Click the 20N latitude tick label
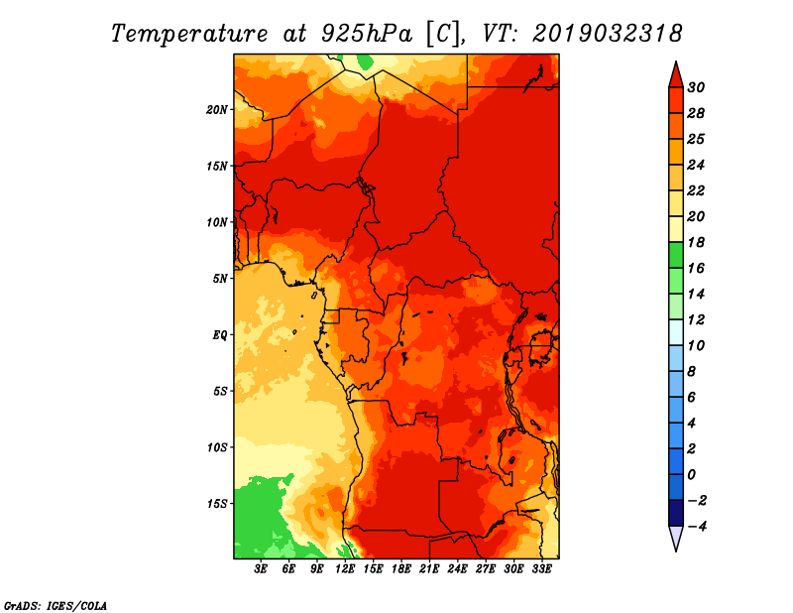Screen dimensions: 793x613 click(x=216, y=110)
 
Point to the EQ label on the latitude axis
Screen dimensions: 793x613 click(x=219, y=335)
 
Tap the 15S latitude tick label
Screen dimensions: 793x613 click(x=216, y=504)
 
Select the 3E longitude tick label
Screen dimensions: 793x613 click(x=261, y=568)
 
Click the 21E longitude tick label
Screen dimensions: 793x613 click(x=429, y=568)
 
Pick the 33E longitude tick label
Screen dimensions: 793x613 click(x=541, y=568)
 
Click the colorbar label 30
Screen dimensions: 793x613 click(x=696, y=87)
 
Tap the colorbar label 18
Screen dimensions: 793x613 click(x=696, y=242)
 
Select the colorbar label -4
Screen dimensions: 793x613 click(x=697, y=527)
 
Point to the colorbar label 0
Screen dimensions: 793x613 click(x=691, y=475)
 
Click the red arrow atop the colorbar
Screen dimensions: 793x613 click(x=676, y=75)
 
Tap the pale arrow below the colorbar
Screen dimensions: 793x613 click(x=676, y=539)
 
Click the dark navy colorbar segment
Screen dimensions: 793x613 click(x=676, y=513)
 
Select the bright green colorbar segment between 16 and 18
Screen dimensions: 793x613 click(x=676, y=255)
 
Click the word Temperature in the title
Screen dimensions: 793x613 click(x=189, y=34)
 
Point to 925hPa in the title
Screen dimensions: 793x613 click(x=367, y=34)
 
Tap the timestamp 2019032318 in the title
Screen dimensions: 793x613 click(x=608, y=34)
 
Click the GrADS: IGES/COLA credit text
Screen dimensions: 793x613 click(x=56, y=606)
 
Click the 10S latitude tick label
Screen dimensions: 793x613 click(x=216, y=447)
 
